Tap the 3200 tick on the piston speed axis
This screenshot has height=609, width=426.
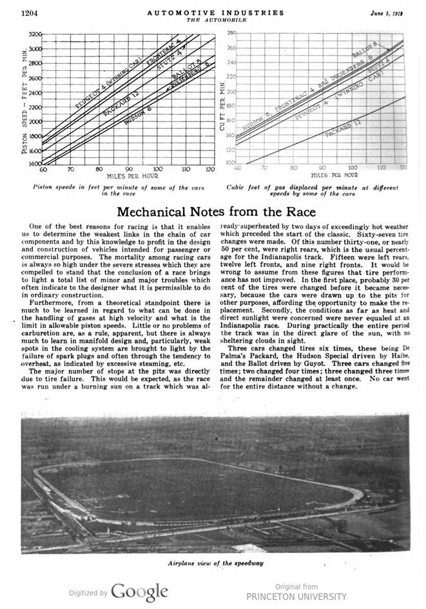point(35,34)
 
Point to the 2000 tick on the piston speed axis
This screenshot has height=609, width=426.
point(35,121)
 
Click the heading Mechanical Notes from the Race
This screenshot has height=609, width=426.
point(217,212)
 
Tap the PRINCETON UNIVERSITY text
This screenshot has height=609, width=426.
point(296,596)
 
